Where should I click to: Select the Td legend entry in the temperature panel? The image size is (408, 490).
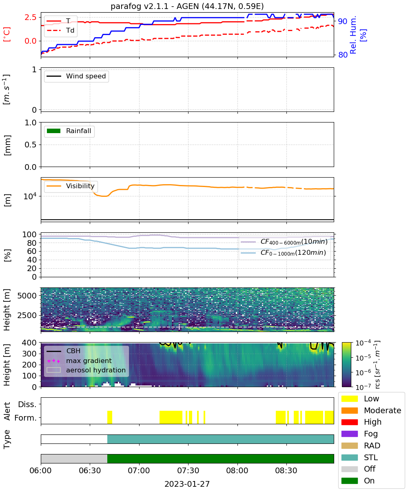[x=60, y=30]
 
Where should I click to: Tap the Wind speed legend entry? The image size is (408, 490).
[x=76, y=76]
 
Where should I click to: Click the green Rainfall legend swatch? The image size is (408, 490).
[x=54, y=131]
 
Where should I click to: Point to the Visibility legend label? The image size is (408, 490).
[x=80, y=186]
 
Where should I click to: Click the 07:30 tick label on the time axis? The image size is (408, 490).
[x=188, y=470]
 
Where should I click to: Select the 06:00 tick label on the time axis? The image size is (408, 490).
[x=41, y=470]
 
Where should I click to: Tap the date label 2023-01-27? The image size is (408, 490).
[x=187, y=484]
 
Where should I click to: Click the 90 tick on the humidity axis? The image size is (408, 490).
[x=343, y=21]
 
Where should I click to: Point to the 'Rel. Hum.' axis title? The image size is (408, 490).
[x=353, y=35]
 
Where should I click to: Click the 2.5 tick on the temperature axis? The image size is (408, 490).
[x=31, y=17]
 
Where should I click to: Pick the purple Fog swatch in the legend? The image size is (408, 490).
[x=349, y=434]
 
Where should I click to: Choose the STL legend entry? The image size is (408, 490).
[x=359, y=457]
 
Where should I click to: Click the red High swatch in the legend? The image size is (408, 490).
[x=349, y=422]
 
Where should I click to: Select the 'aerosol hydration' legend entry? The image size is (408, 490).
[x=86, y=370]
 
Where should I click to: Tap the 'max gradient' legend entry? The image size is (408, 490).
[x=80, y=361]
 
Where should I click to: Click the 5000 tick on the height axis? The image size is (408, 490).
[x=27, y=296]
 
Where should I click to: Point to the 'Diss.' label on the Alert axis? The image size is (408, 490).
[x=27, y=404]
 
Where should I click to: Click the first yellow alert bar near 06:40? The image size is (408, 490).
[x=110, y=417]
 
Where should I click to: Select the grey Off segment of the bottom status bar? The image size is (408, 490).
[x=74, y=459]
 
